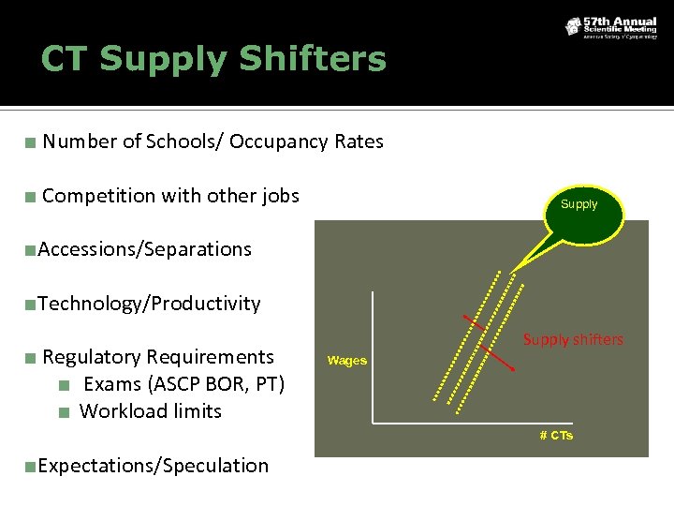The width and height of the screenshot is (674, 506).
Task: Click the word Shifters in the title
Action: click(312, 59)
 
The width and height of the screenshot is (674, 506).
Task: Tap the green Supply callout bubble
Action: click(579, 204)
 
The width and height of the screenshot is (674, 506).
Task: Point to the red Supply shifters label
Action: click(573, 339)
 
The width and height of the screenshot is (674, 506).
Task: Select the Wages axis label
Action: click(347, 361)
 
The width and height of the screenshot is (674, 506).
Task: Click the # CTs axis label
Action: click(556, 436)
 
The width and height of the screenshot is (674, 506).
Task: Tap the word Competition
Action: click(98, 196)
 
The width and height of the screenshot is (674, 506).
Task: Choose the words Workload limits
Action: click(151, 410)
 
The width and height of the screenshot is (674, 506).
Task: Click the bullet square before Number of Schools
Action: click(31, 142)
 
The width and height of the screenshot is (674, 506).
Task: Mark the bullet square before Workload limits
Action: click(64, 411)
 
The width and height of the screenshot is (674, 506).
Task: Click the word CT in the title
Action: click(64, 59)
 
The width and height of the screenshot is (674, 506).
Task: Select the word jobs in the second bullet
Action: click(280, 196)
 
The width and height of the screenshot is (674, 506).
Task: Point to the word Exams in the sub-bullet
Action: click(110, 384)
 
